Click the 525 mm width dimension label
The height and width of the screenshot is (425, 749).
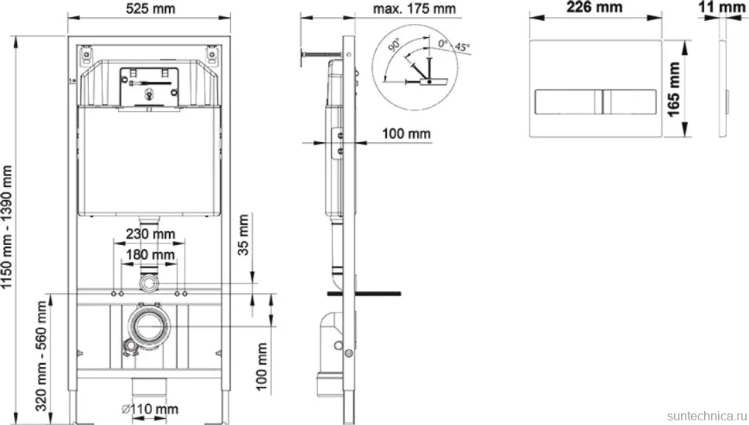151,8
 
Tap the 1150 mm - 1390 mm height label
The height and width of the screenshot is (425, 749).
7,227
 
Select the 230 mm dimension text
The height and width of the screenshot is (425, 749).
151,234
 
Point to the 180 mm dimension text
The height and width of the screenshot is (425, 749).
151,254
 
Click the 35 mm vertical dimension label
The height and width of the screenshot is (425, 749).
243,235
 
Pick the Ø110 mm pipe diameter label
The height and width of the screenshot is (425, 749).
150,409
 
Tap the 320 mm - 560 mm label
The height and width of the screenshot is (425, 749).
42,355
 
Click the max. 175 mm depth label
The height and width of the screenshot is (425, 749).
414,8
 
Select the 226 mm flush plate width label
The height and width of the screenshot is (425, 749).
595,7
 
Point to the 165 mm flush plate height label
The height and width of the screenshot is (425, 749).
673,89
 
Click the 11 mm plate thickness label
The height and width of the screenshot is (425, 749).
721,7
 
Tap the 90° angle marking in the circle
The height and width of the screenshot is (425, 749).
395,45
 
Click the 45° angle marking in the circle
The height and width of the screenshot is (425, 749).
462,47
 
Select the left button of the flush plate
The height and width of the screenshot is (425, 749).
568,102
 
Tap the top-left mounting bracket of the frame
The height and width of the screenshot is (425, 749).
86,55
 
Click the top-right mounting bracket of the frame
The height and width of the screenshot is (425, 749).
212,55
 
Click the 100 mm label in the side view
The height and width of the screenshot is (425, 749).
406,134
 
